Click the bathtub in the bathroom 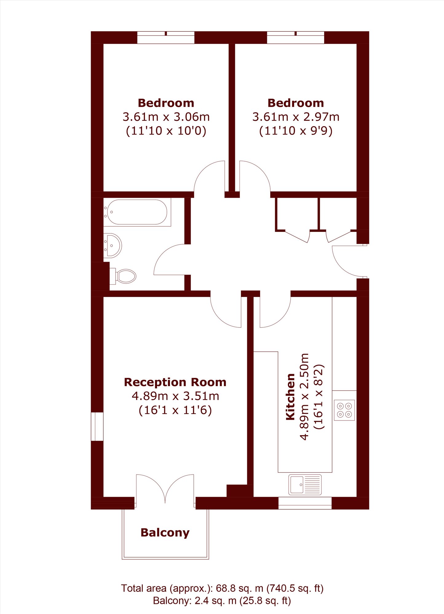137,212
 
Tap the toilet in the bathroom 123,276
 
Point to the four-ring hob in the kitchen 344,410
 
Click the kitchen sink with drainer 305,485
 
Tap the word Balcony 165,533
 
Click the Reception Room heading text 175,382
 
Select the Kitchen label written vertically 291,397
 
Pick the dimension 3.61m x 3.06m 166,117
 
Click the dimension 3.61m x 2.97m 296,117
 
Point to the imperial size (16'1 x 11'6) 175,410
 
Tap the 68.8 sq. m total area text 240,588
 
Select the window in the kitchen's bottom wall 305,503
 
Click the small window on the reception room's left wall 97,427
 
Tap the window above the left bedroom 166,37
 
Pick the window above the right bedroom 295,37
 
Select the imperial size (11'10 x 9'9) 296,131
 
